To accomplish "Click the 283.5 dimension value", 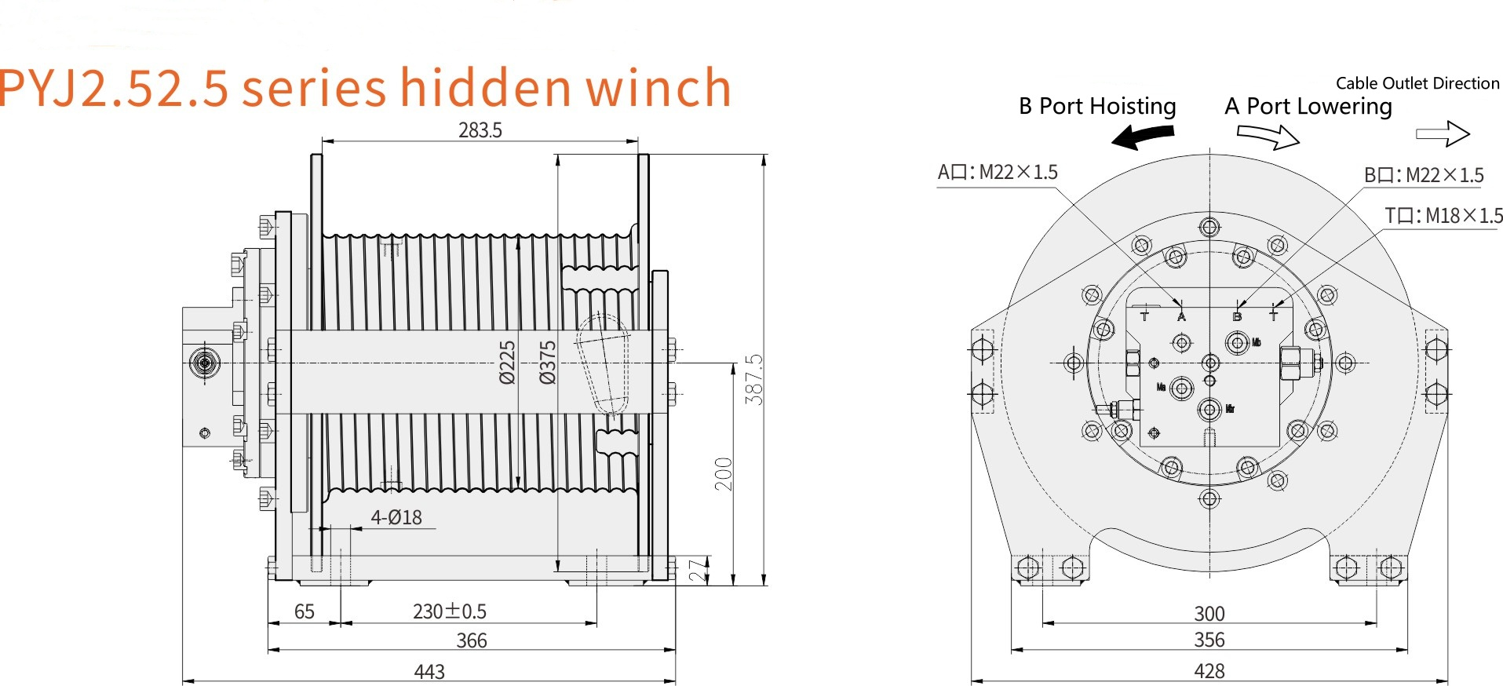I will (480, 130).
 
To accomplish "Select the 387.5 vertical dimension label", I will (753, 379).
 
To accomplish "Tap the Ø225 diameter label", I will (508, 362).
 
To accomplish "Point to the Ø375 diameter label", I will (548, 362).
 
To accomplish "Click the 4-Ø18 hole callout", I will (396, 517).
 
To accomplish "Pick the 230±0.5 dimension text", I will (449, 611).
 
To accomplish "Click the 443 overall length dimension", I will (429, 672).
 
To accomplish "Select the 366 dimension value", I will (472, 641).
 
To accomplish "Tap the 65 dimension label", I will (304, 611).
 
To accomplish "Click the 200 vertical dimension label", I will (723, 474).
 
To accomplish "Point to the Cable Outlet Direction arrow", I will (1443, 134).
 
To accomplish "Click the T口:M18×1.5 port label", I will (1443, 216).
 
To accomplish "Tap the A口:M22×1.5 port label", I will (998, 172).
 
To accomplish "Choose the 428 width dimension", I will (1209, 672).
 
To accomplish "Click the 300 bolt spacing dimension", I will (1209, 614).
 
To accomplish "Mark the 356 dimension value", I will (1209, 640).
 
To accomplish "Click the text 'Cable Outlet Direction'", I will (1417, 83).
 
